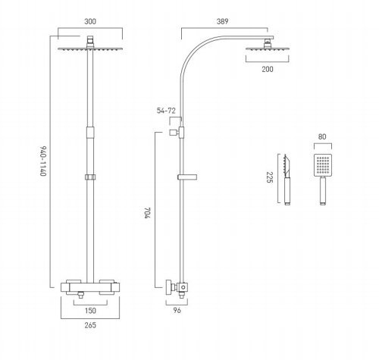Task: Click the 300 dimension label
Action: pos(90,21)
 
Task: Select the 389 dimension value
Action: pos(222,21)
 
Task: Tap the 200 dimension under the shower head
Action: pos(268,69)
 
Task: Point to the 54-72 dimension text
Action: pos(166,111)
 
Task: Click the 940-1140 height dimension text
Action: pos(43,161)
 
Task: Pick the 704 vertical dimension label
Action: pos(148,213)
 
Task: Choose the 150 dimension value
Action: pos(90,311)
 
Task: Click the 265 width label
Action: pos(90,325)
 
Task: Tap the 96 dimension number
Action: pos(177,310)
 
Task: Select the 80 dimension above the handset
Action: pos(322,136)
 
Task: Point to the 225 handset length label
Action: pos(270,177)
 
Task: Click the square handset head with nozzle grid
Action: pos(323,165)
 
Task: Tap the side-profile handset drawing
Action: pos(287,180)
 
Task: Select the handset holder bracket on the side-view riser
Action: pos(187,177)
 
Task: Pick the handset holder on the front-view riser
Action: pos(90,177)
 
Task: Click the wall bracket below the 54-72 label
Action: pos(177,133)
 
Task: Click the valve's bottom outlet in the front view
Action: pos(81,295)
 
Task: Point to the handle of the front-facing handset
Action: pos(322,191)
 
